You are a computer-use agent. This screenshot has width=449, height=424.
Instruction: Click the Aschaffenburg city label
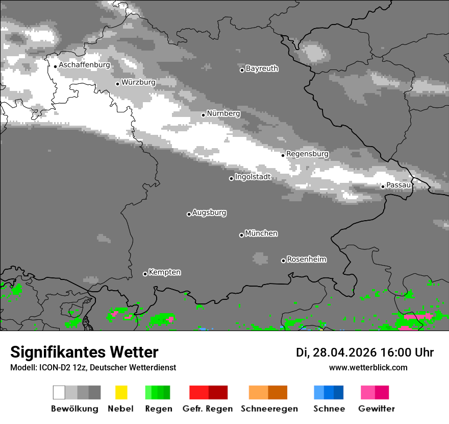pyautogui.click(x=84, y=65)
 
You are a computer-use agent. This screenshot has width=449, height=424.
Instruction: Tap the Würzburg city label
pyautogui.click(x=138, y=82)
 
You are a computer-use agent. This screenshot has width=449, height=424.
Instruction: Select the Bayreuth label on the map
pyautogui.click(x=262, y=68)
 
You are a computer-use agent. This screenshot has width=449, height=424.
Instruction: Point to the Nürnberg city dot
pyautogui.click(x=203, y=115)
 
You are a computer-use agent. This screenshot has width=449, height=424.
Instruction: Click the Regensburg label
pyautogui.click(x=307, y=154)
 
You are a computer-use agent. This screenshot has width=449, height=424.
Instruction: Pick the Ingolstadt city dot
pyautogui.click(x=231, y=178)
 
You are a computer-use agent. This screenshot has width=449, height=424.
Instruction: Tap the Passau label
pyautogui.click(x=398, y=185)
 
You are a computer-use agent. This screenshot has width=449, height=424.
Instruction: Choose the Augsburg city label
pyautogui.click(x=209, y=213)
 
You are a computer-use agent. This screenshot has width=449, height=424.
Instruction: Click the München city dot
pyautogui.click(x=241, y=235)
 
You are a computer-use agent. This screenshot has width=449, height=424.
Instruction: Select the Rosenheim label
pyautogui.click(x=306, y=259)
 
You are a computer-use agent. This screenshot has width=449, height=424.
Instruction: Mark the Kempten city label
pyautogui.click(x=164, y=272)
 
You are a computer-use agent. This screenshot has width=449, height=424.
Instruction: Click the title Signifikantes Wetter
pyautogui.click(x=84, y=352)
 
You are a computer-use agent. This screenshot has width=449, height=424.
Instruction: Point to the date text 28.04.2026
pyautogui.click(x=345, y=352)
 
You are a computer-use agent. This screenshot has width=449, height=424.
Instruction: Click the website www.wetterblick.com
pyautogui.click(x=368, y=367)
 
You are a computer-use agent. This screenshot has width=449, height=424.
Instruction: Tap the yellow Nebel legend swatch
pyautogui.click(x=121, y=392)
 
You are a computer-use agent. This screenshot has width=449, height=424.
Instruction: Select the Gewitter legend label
pyautogui.click(x=377, y=409)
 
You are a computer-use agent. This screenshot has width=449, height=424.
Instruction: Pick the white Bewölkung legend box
pyautogui.click(x=59, y=392)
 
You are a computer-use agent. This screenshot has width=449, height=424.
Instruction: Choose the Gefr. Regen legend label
pyautogui.click(x=208, y=409)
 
